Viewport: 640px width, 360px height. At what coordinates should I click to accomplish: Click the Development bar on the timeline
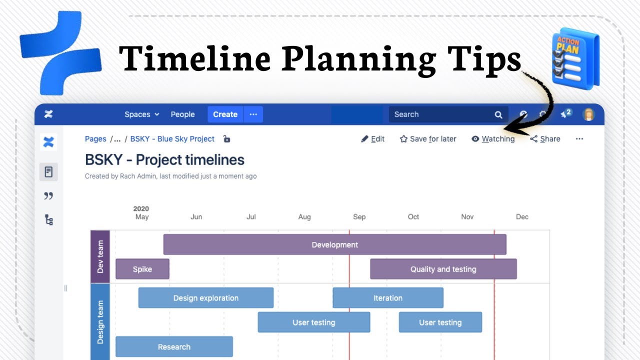(x=334, y=244)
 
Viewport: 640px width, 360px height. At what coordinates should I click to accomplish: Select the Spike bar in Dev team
(x=142, y=269)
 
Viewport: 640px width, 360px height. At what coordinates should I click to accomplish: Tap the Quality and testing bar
(x=443, y=269)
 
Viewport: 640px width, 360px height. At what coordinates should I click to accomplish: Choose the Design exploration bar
(x=205, y=298)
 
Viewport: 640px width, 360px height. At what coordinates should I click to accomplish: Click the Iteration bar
(x=387, y=298)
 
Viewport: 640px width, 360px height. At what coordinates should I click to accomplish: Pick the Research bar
(x=174, y=347)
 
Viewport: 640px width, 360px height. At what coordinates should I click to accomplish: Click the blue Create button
(x=225, y=114)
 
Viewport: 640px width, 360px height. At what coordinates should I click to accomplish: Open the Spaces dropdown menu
(x=141, y=114)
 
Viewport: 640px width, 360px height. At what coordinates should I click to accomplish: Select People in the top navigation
(x=182, y=114)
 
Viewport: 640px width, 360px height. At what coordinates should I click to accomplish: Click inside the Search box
(x=440, y=114)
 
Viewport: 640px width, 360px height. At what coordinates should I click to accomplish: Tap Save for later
(x=428, y=139)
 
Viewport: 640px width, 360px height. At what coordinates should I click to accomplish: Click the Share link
(x=545, y=139)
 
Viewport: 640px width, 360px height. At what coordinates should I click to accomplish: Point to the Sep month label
(x=359, y=217)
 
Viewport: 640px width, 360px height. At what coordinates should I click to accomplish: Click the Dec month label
(x=522, y=217)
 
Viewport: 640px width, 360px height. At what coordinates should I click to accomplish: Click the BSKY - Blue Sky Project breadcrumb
(x=172, y=139)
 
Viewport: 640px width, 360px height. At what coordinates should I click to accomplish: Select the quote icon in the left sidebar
(x=48, y=196)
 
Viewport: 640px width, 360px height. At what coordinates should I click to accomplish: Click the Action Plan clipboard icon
(x=575, y=59)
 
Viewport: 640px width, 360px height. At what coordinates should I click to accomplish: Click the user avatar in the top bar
(x=589, y=114)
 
